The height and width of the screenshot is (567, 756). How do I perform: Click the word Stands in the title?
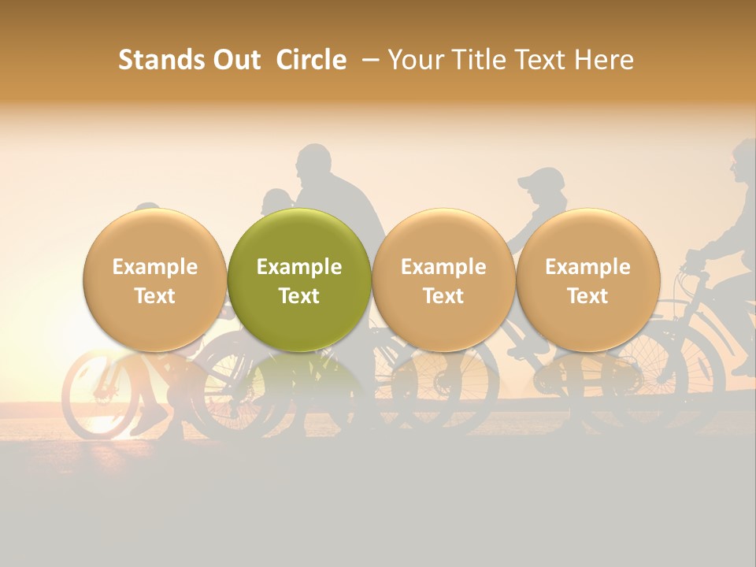coord(153,60)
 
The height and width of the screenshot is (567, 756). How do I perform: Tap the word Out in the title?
coord(235,60)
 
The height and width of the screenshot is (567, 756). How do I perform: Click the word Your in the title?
coord(416,60)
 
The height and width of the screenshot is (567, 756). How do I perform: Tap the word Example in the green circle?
coord(299,267)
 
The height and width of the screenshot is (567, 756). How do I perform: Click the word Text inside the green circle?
coord(299,296)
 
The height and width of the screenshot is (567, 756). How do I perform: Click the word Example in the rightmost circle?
coord(588,267)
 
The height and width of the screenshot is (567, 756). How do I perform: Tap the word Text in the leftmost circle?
coord(155,296)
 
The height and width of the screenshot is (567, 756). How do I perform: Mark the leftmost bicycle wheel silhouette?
coord(98,394)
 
